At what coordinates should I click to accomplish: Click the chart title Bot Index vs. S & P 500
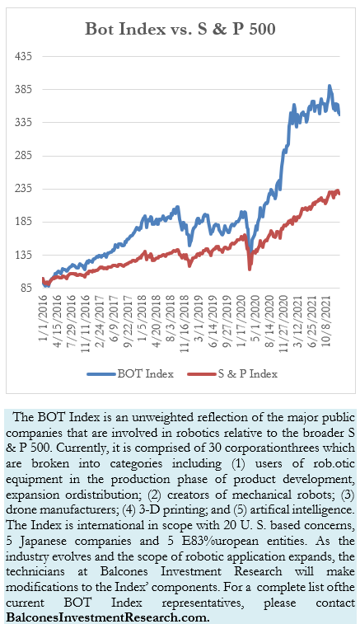coord(180,29)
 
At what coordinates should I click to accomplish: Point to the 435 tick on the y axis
coord(24,56)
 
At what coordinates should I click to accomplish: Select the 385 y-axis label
coord(24,89)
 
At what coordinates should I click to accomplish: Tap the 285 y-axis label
coord(24,156)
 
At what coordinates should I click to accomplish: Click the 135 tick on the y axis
coord(24,255)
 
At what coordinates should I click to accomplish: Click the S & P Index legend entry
coord(230,373)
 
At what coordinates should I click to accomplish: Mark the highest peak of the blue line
coord(330,86)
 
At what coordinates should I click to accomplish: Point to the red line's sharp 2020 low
coord(250,268)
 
